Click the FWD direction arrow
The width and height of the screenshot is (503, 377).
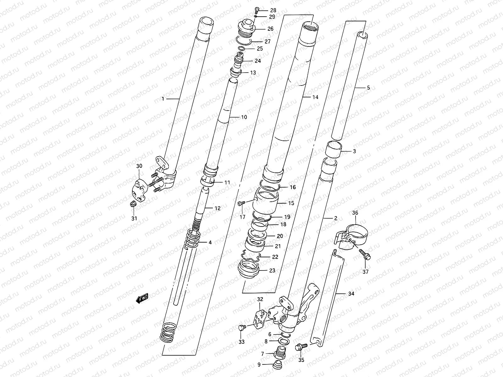(142, 298)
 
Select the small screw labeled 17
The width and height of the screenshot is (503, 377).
(241, 203)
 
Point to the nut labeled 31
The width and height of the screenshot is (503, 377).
(133, 204)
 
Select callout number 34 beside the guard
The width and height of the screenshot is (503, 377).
(351, 293)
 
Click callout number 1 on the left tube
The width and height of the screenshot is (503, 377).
(163, 99)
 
